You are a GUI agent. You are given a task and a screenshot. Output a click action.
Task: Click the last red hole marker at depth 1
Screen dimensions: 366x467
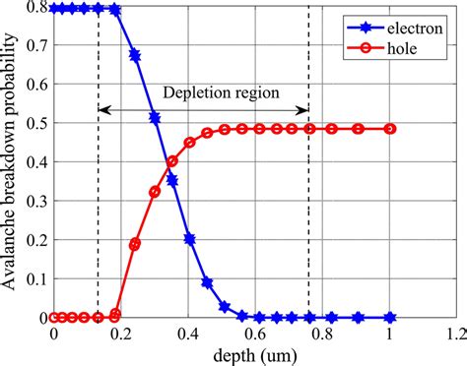pyautogui.click(x=392, y=129)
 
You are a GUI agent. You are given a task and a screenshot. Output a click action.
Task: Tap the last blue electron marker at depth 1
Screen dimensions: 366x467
pyautogui.click(x=392, y=318)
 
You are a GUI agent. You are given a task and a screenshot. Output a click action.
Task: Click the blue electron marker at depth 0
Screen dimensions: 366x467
pyautogui.click(x=54, y=9)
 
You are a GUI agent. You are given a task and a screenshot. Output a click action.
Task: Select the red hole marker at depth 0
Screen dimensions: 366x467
pyautogui.click(x=54, y=318)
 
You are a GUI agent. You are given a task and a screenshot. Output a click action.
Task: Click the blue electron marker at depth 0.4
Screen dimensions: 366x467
pyautogui.click(x=189, y=239)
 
